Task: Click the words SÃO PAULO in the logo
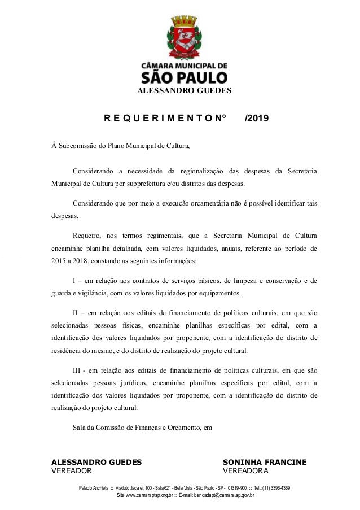coord(184,76)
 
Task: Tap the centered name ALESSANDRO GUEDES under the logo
coord(184,90)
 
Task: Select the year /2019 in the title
coord(257,119)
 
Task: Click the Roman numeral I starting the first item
coord(74,281)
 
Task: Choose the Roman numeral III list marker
coord(78,370)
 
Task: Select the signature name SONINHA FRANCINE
coord(265,463)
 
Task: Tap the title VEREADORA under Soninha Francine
coord(246,471)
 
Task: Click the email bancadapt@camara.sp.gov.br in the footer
coord(224,496)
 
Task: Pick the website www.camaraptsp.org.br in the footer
coord(150,496)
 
